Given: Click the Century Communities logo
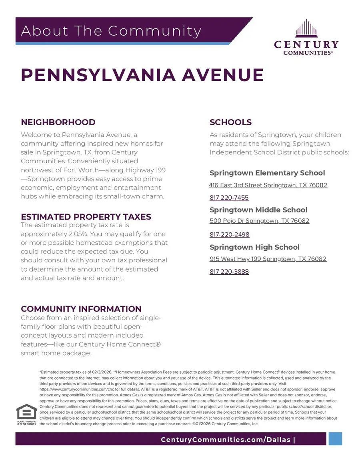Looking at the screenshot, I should click(x=306, y=37).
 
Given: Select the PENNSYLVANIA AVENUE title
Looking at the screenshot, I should click(x=142, y=75).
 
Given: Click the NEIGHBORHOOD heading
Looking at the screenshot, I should click(x=58, y=122).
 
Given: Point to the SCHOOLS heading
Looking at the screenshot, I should click(x=230, y=122).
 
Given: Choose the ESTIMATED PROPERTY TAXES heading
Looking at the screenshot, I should click(x=86, y=217).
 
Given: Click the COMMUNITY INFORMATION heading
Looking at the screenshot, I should click(x=81, y=309).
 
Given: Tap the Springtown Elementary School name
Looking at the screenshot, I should click(x=267, y=173).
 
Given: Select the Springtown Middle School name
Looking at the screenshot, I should click(x=258, y=210).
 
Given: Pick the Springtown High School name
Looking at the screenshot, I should click(x=254, y=247).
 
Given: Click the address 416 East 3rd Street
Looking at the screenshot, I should click(x=268, y=185).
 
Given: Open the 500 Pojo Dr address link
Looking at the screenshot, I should click(x=259, y=221).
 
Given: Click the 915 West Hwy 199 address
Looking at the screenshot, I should click(x=268, y=259).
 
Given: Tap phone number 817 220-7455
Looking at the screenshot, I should click(x=229, y=198).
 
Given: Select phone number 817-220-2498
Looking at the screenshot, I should click(x=229, y=234).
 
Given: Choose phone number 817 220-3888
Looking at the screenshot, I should click(x=229, y=272).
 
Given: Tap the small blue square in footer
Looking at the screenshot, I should click(x=335, y=438).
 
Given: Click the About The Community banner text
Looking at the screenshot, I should click(x=111, y=31).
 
